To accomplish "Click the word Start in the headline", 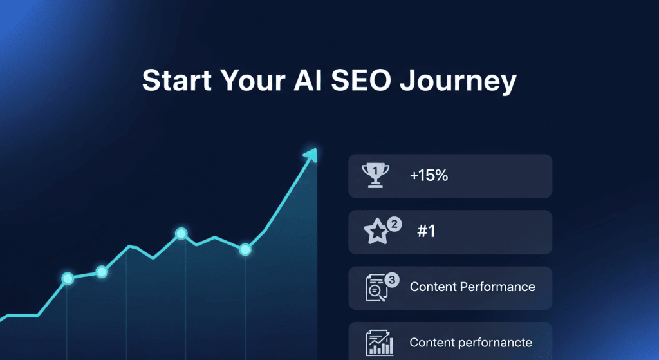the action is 177,81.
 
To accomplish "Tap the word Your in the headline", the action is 253,81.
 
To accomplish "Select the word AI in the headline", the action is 308,81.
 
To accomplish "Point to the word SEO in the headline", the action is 361,81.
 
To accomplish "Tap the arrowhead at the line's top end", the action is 311,155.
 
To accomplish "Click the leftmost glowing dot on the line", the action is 68,278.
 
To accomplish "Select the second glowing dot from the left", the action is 102,272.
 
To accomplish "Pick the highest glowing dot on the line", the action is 181,233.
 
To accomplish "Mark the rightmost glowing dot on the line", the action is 245,250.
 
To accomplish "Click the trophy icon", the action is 375,175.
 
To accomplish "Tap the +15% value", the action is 429,175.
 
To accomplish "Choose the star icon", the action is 376,231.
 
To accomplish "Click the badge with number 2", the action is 394,224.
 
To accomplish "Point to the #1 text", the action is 426,231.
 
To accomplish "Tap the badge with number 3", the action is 392,279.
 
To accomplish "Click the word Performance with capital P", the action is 497,287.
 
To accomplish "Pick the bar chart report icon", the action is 380,343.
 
